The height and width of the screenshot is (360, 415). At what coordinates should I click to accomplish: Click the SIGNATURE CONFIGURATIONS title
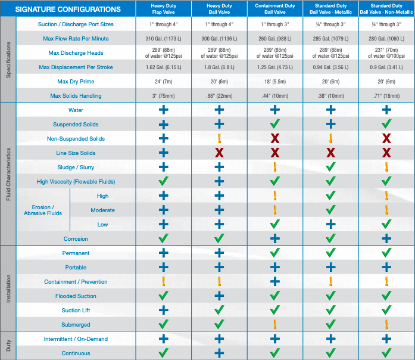(67, 10)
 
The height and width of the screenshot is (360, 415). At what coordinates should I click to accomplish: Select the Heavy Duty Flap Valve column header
(163, 8)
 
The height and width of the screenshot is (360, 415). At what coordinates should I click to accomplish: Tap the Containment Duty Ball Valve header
(275, 8)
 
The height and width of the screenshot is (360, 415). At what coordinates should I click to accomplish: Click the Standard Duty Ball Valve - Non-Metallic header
(386, 8)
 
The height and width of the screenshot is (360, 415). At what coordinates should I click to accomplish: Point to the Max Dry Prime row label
(76, 81)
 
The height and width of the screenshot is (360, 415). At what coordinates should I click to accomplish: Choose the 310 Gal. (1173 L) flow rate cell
(163, 38)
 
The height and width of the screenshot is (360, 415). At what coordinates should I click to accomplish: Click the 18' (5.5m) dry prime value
(275, 81)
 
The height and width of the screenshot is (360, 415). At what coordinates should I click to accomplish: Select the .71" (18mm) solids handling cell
(386, 95)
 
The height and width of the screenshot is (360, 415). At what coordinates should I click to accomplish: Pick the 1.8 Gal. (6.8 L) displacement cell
(219, 67)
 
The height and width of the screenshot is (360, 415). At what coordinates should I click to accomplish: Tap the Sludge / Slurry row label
(76, 167)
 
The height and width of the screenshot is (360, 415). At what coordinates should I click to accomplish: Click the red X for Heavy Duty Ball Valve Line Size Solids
(219, 153)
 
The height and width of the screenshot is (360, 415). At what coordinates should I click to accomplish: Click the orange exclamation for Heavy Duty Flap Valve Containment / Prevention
(163, 281)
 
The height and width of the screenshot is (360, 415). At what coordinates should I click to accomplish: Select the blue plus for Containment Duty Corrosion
(275, 238)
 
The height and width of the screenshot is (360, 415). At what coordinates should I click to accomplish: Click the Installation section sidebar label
(8, 288)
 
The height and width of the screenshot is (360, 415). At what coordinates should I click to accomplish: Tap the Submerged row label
(76, 325)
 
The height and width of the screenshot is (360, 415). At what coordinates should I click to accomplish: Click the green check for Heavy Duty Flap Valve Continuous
(163, 353)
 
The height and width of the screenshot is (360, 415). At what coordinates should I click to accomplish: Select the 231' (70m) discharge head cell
(386, 52)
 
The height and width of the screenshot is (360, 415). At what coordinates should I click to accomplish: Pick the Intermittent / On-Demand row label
(76, 339)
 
